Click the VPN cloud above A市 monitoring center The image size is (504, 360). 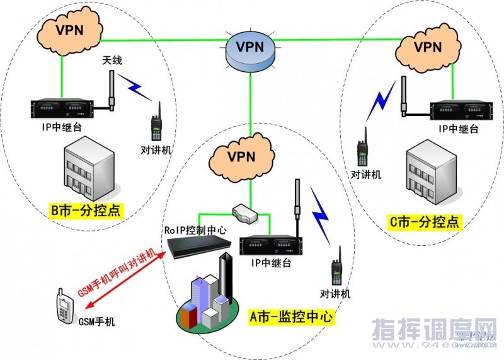click(x=243, y=155)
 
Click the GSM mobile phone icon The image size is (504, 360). click(x=65, y=307)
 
